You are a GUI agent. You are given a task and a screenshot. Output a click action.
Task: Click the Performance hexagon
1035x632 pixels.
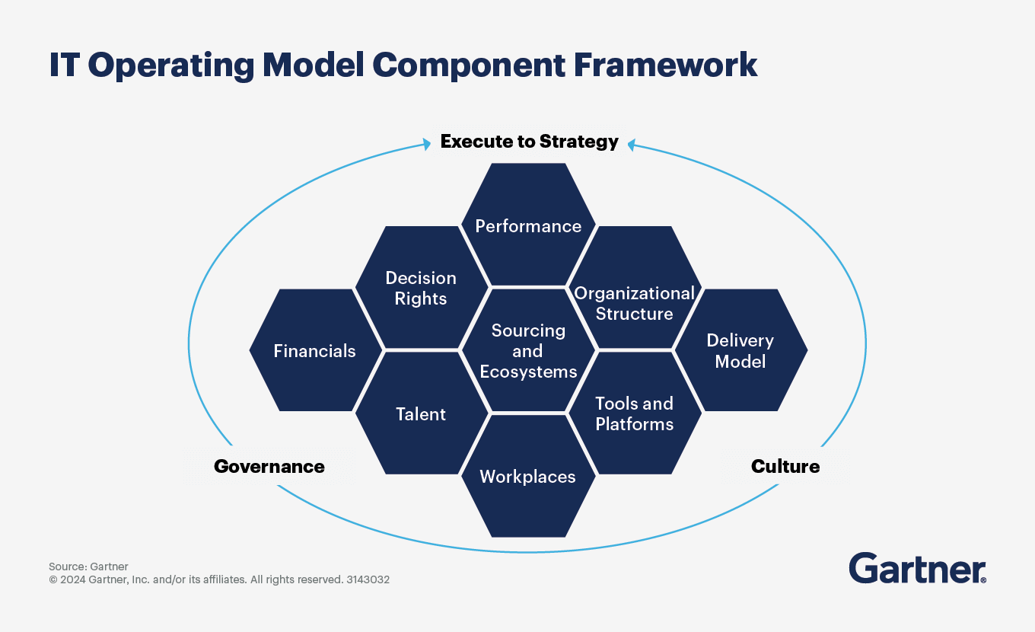(528, 225)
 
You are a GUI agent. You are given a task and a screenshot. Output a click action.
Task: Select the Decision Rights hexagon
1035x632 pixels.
(421, 288)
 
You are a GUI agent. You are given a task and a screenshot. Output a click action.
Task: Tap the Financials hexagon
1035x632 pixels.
(314, 351)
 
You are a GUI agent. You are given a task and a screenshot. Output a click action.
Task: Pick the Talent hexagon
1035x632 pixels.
(421, 413)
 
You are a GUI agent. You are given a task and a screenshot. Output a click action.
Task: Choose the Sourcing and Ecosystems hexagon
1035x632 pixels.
(528, 351)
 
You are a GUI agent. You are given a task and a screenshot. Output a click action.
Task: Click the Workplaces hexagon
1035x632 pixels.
(528, 477)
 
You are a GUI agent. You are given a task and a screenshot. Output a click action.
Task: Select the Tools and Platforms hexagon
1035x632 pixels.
(634, 413)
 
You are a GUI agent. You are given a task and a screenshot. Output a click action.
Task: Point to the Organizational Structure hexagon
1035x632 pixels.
(634, 303)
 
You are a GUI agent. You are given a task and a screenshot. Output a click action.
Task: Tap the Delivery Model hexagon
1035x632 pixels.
(740, 351)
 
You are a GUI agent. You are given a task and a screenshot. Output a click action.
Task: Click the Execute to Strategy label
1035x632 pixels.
(529, 142)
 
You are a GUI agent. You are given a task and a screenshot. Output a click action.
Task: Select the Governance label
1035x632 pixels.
(269, 467)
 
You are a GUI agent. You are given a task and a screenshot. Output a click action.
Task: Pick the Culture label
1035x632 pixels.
(785, 467)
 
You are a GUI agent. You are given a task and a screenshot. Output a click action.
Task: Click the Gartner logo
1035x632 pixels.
(917, 568)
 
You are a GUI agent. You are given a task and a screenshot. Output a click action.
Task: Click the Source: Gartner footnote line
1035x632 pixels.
(88, 567)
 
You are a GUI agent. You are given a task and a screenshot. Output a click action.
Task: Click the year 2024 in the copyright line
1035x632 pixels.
(73, 579)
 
